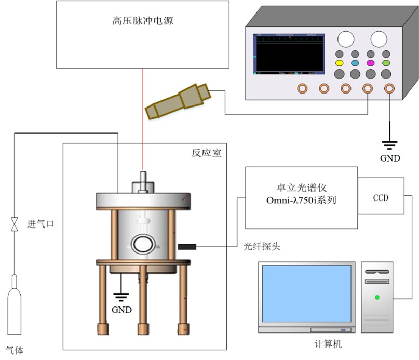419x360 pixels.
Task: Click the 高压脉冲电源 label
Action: pyautogui.click(x=142, y=21)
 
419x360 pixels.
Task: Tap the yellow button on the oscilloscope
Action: pyautogui.click(x=340, y=63)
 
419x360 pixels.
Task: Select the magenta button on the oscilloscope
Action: pyautogui.click(x=371, y=63)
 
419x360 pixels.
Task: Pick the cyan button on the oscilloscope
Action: pyautogui.click(x=355, y=63)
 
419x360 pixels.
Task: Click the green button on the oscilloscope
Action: pyautogui.click(x=386, y=63)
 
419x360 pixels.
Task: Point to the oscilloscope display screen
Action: pyautogui.click(x=289, y=55)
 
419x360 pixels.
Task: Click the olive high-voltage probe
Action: pyautogui.click(x=179, y=100)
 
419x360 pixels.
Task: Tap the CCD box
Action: pyautogui.click(x=381, y=198)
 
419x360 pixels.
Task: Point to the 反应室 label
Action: pyautogui.click(x=207, y=153)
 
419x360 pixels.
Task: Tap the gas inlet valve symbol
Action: pyautogui.click(x=15, y=224)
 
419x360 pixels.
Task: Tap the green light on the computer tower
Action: pyautogui.click(x=377, y=298)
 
